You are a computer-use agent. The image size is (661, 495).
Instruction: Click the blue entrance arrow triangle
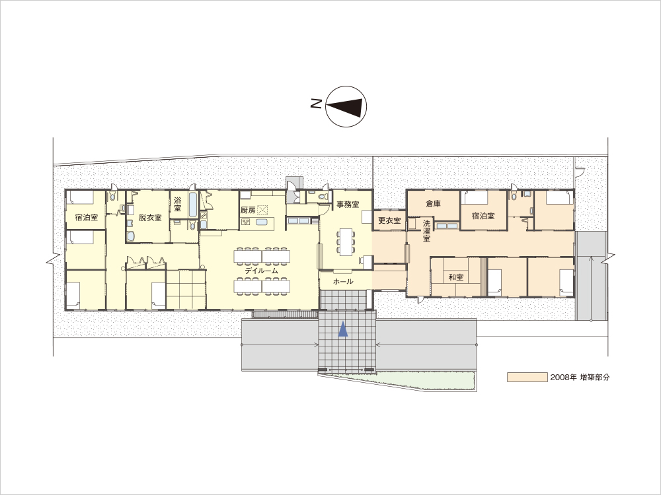pos(343,329)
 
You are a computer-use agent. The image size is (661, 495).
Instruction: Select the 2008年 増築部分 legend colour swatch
pos(527,377)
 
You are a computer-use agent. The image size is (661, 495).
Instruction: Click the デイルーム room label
pos(261,271)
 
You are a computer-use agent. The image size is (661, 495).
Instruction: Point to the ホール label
pos(342,282)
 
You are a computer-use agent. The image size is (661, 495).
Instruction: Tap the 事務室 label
pos(348,205)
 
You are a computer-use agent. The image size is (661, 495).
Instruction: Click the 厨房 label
pos(248,210)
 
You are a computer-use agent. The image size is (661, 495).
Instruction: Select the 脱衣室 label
pos(150,218)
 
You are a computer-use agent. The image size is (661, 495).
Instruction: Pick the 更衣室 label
pos(389,220)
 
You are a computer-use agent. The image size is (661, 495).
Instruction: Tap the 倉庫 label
pos(434,204)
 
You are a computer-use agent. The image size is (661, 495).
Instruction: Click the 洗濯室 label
pos(426,231)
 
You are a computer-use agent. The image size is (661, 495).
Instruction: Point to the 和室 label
pos(455,277)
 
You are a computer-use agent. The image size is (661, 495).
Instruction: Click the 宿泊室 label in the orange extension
pos(483,216)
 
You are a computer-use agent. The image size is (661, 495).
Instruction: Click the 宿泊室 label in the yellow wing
pos(87,218)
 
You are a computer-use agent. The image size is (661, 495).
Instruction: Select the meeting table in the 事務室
pos(346,242)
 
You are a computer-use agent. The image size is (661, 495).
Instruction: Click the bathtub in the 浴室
pos(193,204)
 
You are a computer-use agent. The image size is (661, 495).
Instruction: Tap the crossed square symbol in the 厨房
pos(263,210)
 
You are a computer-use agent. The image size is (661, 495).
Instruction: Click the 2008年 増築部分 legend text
pos(580,377)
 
